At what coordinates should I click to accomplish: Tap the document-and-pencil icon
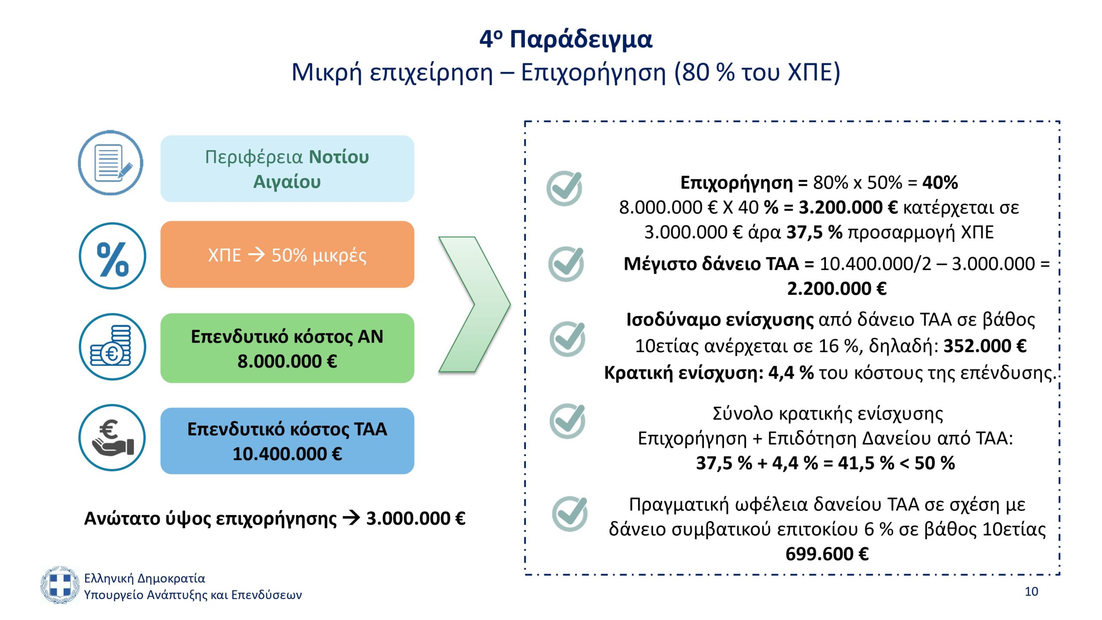click(111, 163)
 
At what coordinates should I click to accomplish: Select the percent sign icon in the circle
click(112, 256)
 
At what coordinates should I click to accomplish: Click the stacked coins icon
click(112, 347)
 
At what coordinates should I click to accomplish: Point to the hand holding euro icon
click(112, 437)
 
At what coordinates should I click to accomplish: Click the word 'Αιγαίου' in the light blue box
click(287, 182)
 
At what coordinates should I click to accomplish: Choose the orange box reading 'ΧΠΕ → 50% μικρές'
click(287, 254)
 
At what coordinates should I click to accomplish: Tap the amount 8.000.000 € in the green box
click(287, 361)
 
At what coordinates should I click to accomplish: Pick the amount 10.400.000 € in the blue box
click(287, 454)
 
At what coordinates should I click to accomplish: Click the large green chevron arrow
click(474, 304)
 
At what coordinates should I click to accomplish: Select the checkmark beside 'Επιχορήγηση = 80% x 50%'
click(564, 188)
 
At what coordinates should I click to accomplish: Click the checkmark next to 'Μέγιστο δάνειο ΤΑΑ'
click(566, 264)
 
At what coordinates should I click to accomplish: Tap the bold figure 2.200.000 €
click(837, 288)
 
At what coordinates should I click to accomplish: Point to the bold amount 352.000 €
click(985, 346)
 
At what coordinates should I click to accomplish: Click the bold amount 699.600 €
click(827, 554)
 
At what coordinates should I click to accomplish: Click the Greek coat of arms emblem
click(60, 585)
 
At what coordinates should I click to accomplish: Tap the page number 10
click(1031, 592)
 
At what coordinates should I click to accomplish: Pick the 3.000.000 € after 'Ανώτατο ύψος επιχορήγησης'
click(416, 518)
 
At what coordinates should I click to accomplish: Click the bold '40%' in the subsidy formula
click(940, 183)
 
